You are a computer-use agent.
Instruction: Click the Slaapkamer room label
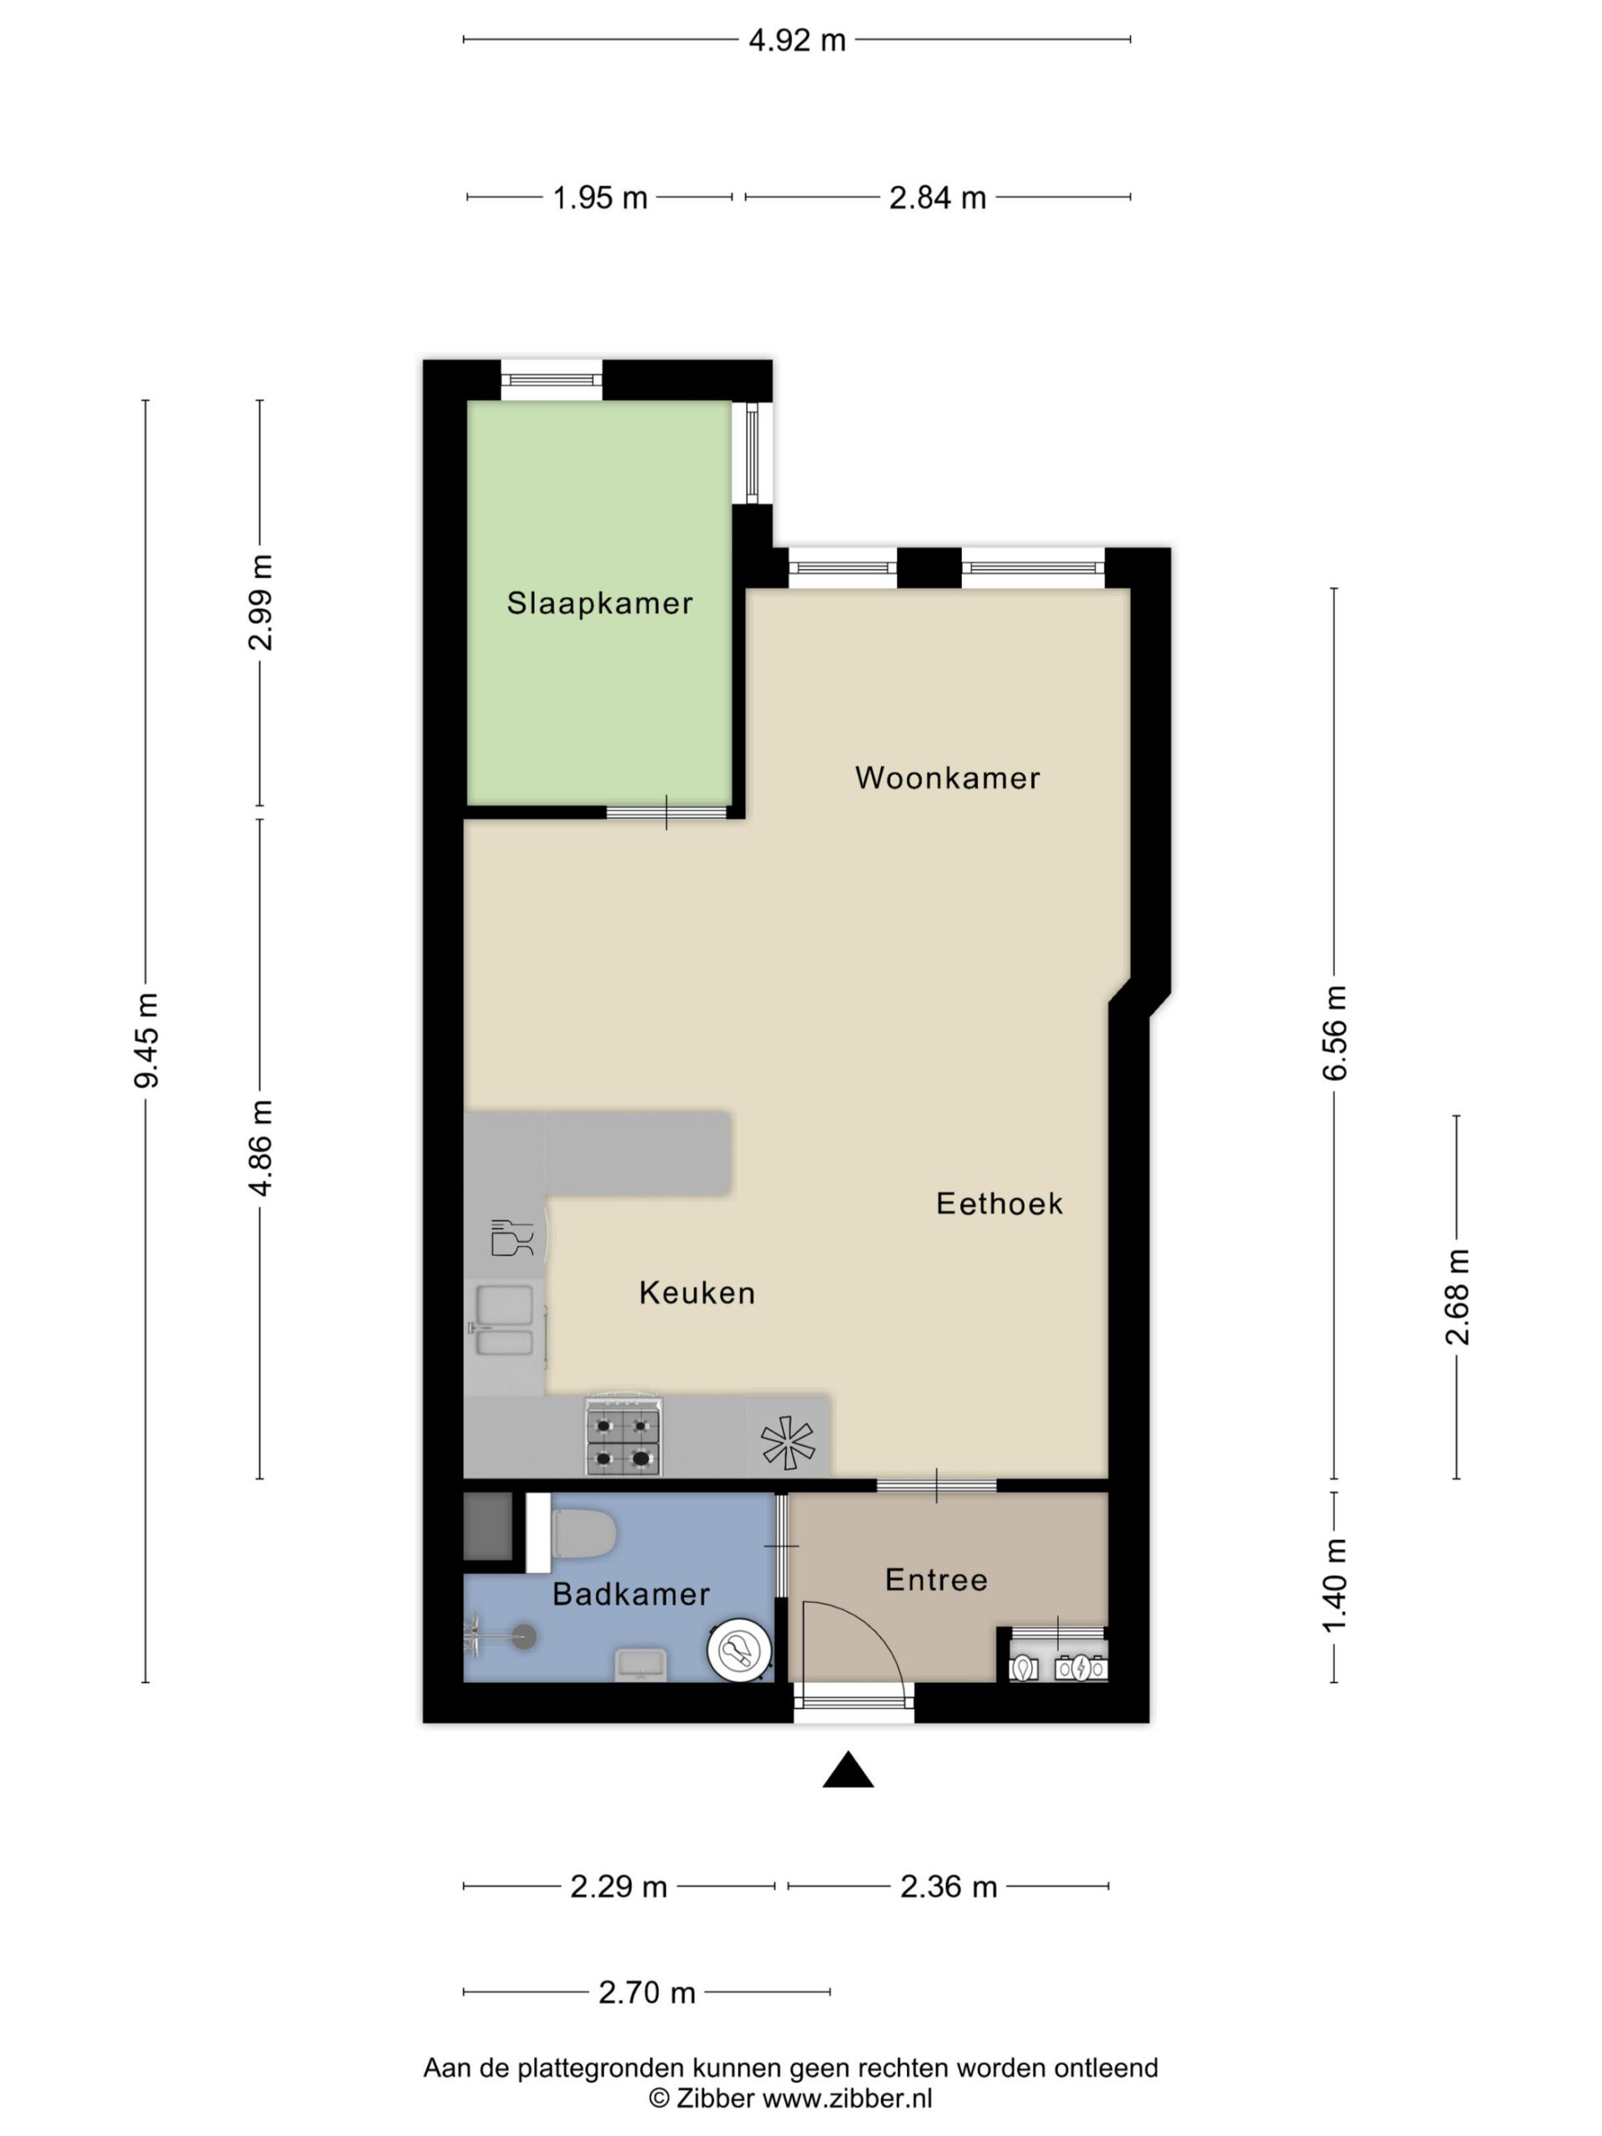[x=600, y=603]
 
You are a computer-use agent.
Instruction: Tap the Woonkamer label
[x=947, y=778]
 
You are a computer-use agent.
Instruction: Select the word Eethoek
[x=1000, y=1203]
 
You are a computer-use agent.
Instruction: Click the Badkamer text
[x=631, y=1594]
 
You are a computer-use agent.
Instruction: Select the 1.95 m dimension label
[x=600, y=198]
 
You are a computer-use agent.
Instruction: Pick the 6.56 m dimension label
[x=1334, y=1032]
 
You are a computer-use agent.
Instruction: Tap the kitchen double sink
[x=506, y=1322]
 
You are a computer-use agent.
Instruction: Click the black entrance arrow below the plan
[x=848, y=1770]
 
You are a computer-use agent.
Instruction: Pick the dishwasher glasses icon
[x=511, y=1238]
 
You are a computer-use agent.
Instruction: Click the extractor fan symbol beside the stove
[x=788, y=1443]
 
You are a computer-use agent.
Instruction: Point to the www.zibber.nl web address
[x=847, y=2098]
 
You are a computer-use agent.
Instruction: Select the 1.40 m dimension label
[x=1334, y=1586]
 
